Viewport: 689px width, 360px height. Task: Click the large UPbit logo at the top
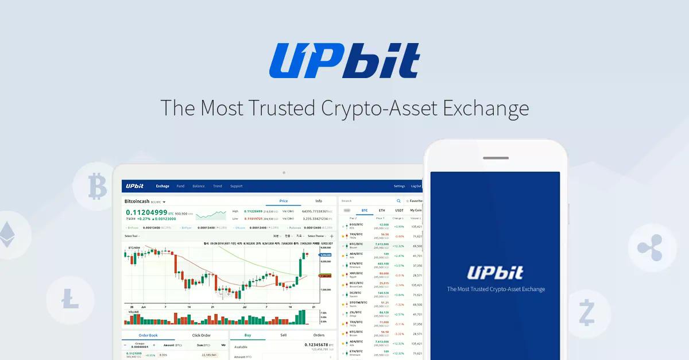[344, 60]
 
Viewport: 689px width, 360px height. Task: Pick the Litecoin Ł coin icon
[70, 299]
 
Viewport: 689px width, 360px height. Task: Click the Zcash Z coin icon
[587, 312]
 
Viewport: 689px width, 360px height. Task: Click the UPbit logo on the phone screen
[496, 272]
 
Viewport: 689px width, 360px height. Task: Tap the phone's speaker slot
[496, 158]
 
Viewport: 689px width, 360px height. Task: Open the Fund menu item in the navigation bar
[180, 186]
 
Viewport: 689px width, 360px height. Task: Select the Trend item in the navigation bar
[217, 186]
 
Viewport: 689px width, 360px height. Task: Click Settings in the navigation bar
[399, 186]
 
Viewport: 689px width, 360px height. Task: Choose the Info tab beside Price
[319, 201]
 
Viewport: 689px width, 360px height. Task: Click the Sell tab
[283, 335]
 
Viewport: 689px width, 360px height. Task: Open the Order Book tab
[148, 335]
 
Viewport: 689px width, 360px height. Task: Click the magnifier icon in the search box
[398, 201]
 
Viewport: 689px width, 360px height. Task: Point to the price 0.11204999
[146, 212]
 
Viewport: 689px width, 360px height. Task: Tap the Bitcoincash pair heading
[137, 202]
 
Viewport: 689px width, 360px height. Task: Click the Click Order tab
[201, 335]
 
